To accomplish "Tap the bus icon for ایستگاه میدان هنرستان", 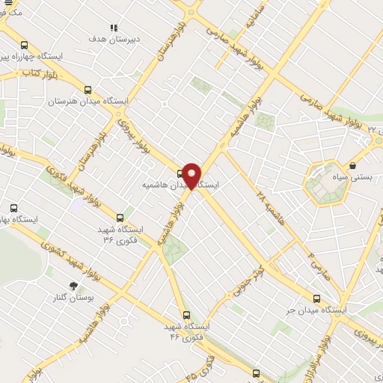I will click(88, 89).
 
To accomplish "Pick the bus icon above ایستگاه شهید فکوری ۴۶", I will click(186, 315).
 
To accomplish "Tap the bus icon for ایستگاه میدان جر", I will click(316, 297).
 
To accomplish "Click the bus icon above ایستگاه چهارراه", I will click(25, 45).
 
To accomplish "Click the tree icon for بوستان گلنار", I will click(73, 285).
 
